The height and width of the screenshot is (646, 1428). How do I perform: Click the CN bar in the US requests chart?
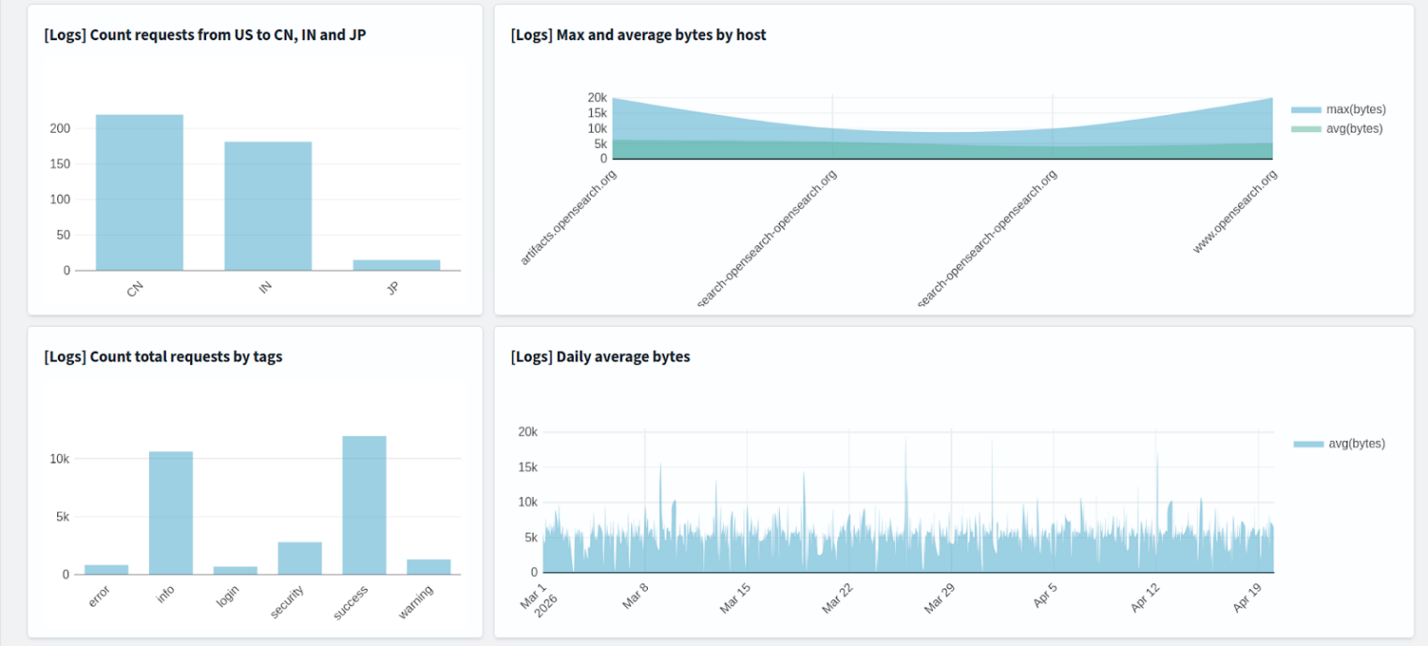click(140, 193)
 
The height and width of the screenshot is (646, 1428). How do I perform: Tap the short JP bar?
click(396, 265)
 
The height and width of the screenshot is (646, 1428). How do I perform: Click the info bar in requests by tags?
click(170, 513)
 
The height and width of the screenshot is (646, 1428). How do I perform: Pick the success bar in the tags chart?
click(364, 506)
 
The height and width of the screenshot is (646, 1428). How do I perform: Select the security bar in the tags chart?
click(300, 558)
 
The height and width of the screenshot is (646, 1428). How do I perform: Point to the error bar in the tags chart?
click(106, 569)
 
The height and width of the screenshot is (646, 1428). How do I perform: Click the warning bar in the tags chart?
click(428, 566)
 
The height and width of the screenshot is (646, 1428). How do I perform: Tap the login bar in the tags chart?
click(235, 570)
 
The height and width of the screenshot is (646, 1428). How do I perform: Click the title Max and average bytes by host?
click(639, 35)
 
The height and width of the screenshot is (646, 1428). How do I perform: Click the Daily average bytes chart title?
click(600, 356)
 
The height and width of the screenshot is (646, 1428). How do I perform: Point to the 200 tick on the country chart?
click(60, 128)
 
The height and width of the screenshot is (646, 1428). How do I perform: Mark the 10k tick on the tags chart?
click(60, 459)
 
